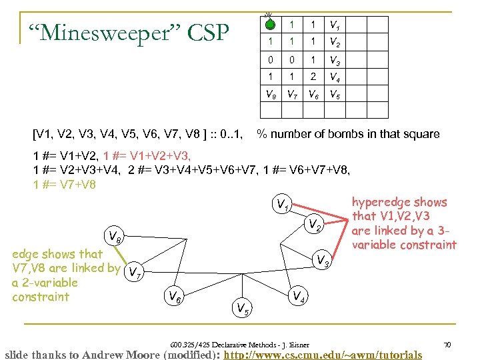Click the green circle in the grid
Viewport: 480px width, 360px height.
[269, 25]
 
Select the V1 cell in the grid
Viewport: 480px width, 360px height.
[334, 25]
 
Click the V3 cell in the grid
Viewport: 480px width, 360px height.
[334, 60]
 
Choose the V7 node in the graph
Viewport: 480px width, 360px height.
[134, 272]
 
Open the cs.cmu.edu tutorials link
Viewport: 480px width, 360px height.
[323, 354]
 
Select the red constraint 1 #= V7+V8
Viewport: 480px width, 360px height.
[65, 185]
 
